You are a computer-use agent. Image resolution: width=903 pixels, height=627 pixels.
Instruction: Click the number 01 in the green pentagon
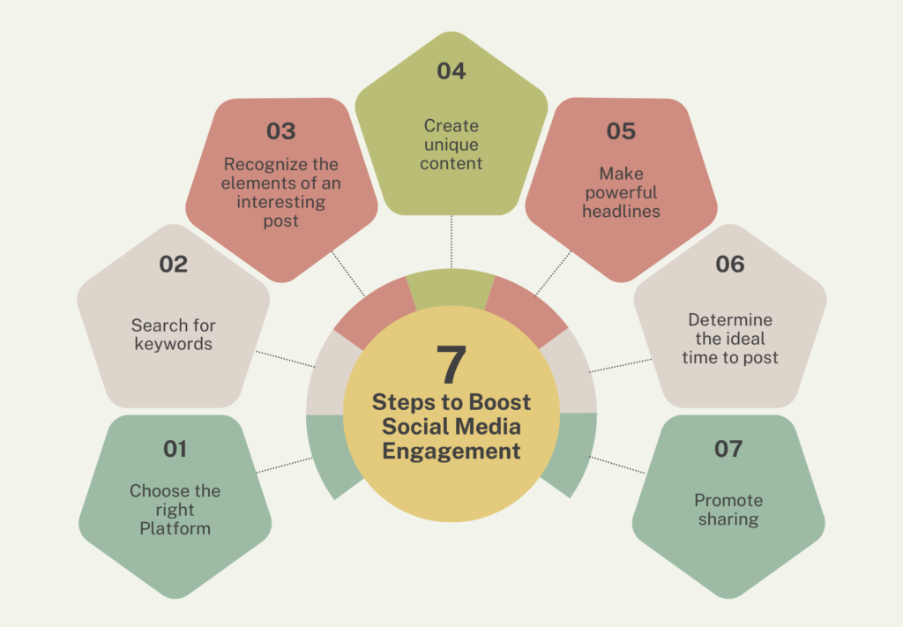[175, 449]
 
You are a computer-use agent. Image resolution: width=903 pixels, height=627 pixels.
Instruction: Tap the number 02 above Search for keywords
[174, 265]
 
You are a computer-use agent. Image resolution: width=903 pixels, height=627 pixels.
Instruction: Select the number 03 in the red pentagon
[281, 131]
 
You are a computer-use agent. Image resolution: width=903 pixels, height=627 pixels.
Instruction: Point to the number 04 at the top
[451, 71]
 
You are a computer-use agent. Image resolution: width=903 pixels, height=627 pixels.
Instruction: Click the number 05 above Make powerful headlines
[621, 131]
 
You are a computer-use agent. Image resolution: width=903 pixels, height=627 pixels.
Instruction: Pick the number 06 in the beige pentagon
[729, 265]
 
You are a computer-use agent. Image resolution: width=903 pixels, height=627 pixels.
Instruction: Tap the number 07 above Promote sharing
[728, 449]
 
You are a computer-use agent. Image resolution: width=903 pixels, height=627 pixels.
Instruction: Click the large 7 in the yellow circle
[451, 364]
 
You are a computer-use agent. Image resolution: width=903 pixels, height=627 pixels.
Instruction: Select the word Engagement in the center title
[451, 451]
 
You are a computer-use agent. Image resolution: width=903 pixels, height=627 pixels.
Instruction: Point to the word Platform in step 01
[175, 528]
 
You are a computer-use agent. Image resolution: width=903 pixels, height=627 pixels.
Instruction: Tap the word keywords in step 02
[174, 344]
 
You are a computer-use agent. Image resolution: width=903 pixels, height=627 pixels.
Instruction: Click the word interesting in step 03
[281, 203]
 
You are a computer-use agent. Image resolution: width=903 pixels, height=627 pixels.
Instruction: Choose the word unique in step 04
[451, 146]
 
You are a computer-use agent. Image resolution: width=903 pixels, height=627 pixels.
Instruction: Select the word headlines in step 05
[621, 212]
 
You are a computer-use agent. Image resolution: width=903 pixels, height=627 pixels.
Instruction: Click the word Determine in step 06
[730, 319]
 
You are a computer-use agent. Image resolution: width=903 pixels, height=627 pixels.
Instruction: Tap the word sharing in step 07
[728, 519]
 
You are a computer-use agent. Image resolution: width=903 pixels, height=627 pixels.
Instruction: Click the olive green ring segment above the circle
[451, 287]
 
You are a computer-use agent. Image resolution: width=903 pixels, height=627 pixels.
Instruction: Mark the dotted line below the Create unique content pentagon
[451, 242]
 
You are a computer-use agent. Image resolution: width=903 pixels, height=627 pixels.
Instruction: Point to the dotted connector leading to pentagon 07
[617, 466]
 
